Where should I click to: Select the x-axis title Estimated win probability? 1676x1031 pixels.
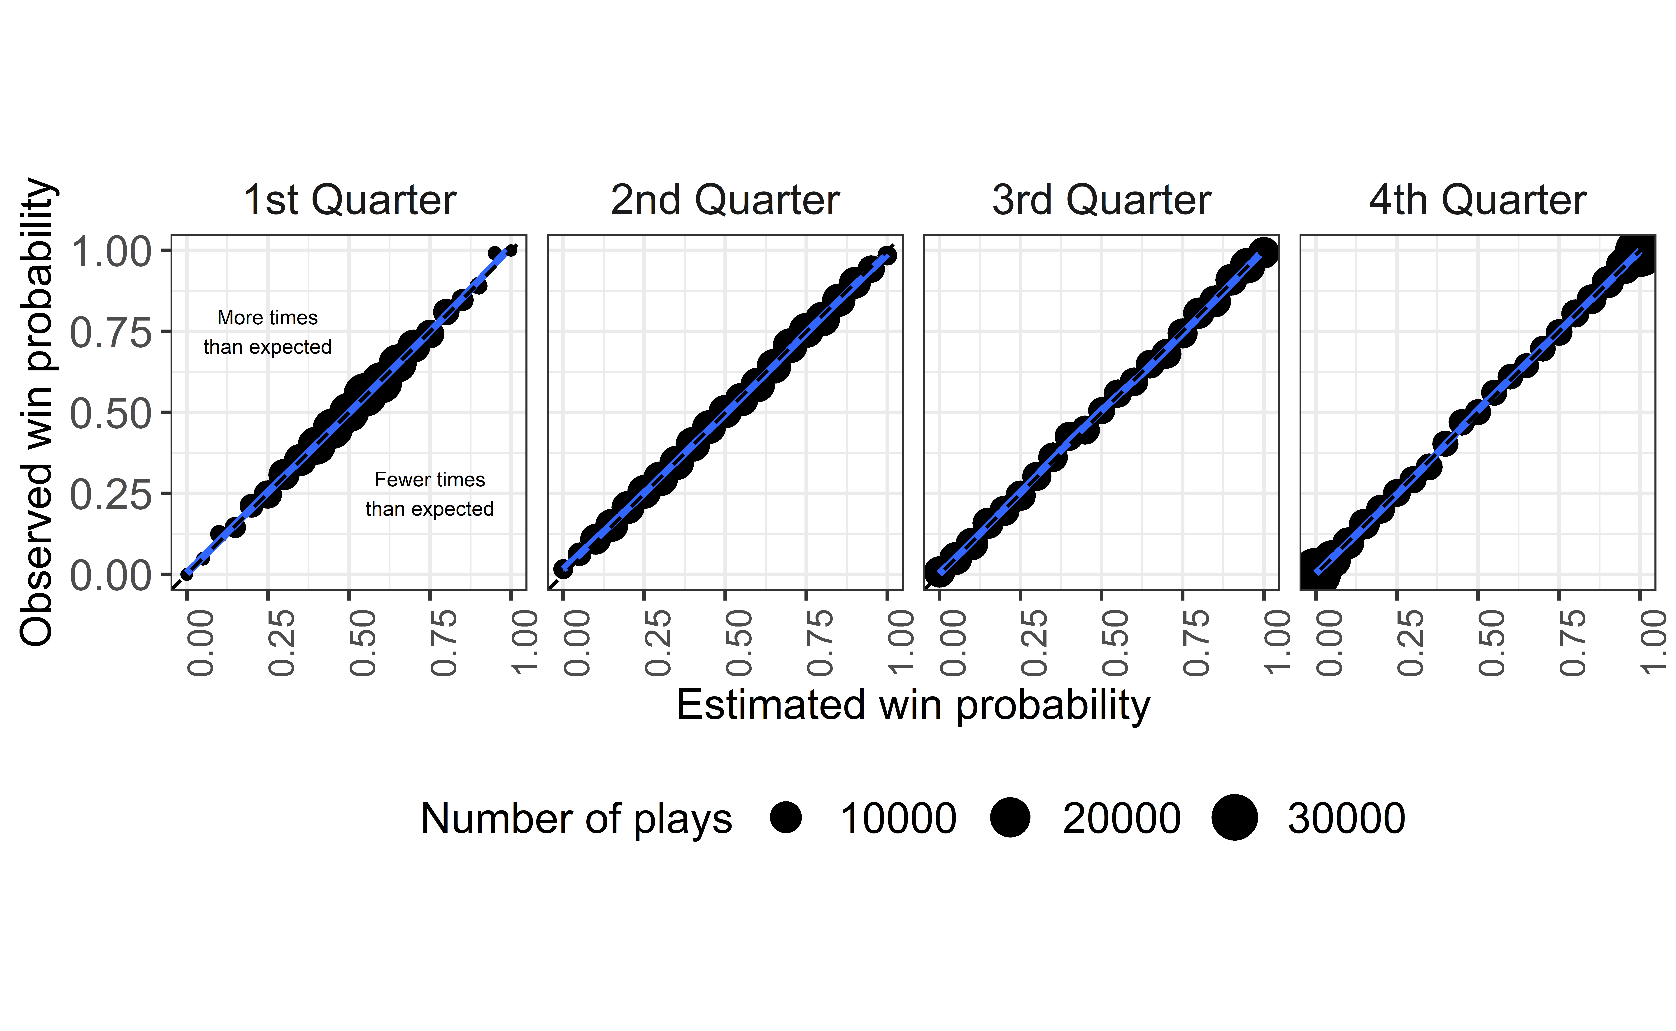(x=913, y=705)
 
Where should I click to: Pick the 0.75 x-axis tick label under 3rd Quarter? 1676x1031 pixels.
(x=1196, y=642)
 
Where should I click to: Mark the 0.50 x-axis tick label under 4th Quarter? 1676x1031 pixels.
(x=1491, y=642)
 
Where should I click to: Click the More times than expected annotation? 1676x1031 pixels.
(x=267, y=332)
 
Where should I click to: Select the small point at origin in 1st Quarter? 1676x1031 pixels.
(x=186, y=574)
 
